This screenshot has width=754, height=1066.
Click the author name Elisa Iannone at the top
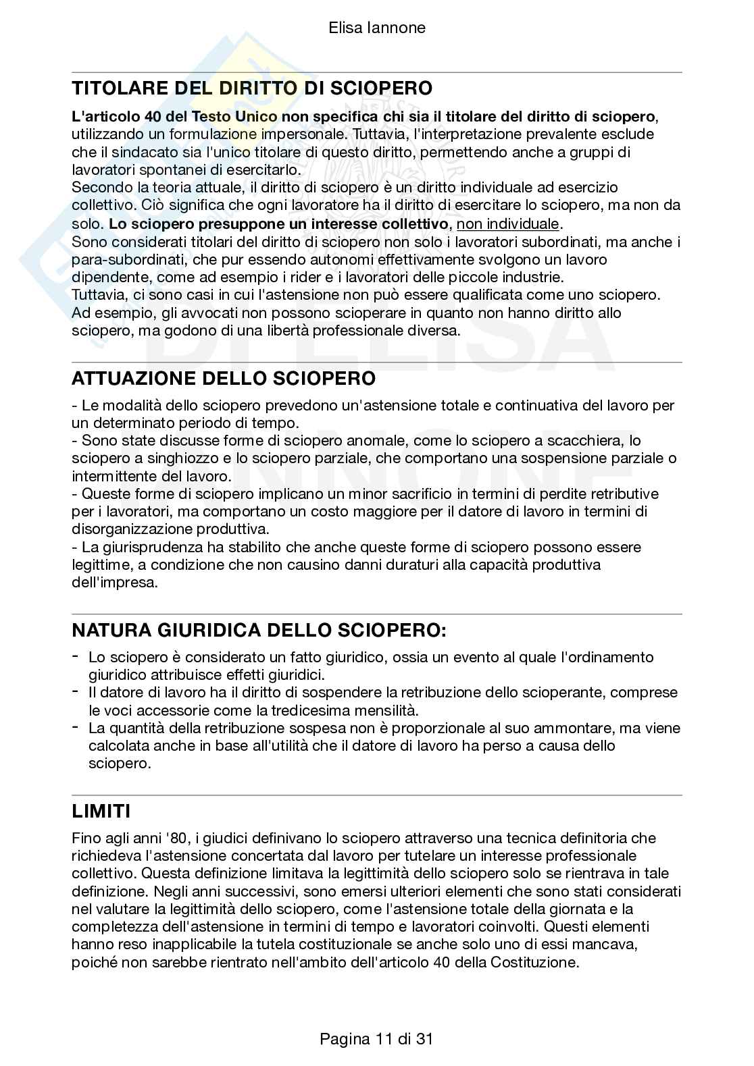376,28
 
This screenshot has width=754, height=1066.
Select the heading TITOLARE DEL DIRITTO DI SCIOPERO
251,88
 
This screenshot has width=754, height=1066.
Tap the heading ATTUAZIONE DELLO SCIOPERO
223,378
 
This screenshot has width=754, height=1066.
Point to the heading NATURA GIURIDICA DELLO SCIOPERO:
259,631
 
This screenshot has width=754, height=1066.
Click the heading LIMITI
101,811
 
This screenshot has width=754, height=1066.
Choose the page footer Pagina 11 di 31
376,1038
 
